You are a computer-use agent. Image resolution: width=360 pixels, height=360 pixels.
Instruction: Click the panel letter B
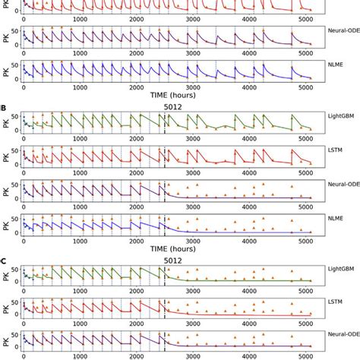coord(5,108)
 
